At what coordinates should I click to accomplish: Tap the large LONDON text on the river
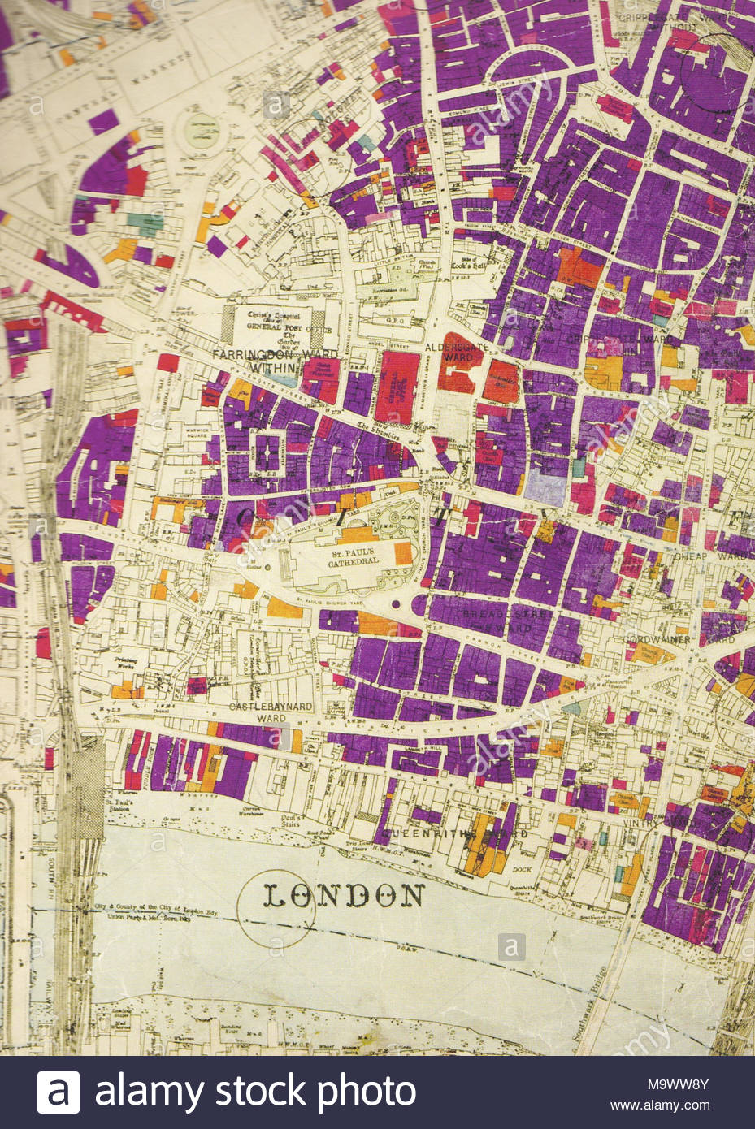pos(343,895)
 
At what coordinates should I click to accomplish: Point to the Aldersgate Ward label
pos(449,351)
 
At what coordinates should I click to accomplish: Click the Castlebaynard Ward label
pos(270,712)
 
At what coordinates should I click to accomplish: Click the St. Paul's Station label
pos(122,807)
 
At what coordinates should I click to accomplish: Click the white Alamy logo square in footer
pos(59,1092)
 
